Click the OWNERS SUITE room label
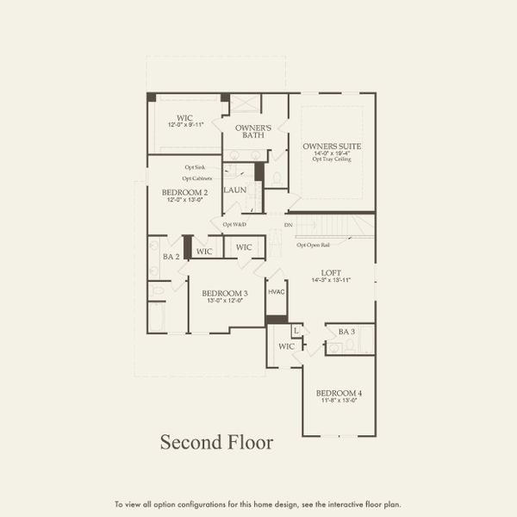click(x=332, y=146)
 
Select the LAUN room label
click(x=235, y=190)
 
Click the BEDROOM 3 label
click(x=225, y=293)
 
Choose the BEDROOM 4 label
click(x=339, y=393)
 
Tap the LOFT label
click(x=332, y=273)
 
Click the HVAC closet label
click(x=276, y=292)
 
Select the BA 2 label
click(x=171, y=257)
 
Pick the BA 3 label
click(x=347, y=332)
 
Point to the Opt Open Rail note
click(x=315, y=245)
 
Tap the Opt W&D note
click(x=235, y=225)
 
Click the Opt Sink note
click(x=194, y=167)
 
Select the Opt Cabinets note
click(x=197, y=178)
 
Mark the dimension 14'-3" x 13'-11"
click(x=332, y=281)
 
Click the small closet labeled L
click(x=296, y=331)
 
